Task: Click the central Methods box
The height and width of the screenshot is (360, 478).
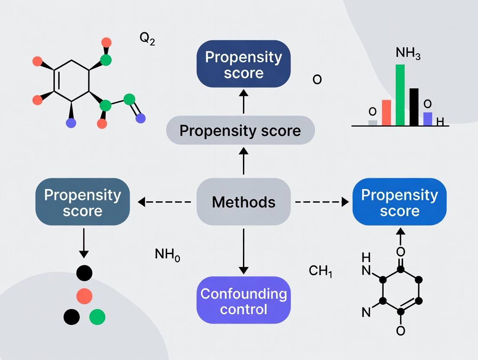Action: pyautogui.click(x=243, y=202)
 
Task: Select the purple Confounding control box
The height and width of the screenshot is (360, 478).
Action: pyautogui.click(x=243, y=301)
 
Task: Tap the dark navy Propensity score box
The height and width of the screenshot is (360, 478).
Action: pyautogui.click(x=243, y=64)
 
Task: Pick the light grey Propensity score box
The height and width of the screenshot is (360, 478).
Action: pyautogui.click(x=240, y=130)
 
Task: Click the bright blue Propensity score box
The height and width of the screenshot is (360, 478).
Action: pyautogui.click(x=399, y=202)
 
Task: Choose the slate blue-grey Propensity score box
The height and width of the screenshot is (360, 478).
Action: pyautogui.click(x=82, y=202)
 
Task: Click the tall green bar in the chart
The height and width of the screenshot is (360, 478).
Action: pyautogui.click(x=400, y=95)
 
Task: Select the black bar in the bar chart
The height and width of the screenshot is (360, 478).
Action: pyautogui.click(x=414, y=107)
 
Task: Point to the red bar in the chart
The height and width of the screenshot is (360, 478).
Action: pyautogui.click(x=386, y=112)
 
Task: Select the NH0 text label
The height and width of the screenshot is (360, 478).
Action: pyautogui.click(x=167, y=254)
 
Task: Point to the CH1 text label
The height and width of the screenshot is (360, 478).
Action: pyautogui.click(x=320, y=271)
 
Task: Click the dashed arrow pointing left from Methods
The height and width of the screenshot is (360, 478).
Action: pyautogui.click(x=165, y=202)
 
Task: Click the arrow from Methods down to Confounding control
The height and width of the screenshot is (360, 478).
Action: pyautogui.click(x=243, y=251)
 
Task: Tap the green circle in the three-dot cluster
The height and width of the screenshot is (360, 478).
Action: pyautogui.click(x=97, y=317)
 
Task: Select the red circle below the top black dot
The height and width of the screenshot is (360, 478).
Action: pyautogui.click(x=84, y=296)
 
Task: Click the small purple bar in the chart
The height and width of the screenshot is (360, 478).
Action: pyautogui.click(x=427, y=119)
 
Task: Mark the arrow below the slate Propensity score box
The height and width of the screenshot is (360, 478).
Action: pyautogui.click(x=84, y=244)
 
